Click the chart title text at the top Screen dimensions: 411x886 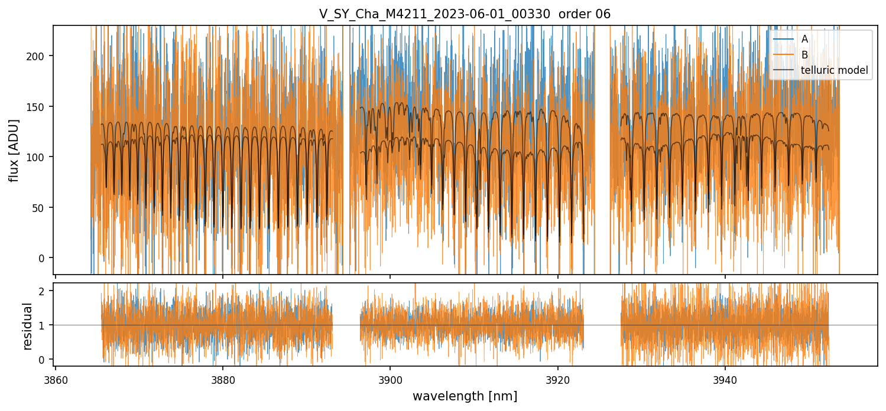point(465,14)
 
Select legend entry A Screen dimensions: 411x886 point(804,39)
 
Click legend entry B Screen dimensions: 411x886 point(804,54)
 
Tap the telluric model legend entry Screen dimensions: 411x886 point(834,70)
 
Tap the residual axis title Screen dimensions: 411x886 point(27,325)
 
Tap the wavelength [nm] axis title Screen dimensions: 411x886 point(465,396)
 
